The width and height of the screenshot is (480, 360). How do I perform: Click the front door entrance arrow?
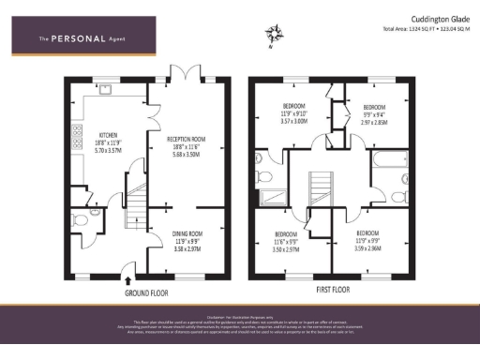coord(127,277)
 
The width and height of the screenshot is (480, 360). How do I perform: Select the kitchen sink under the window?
coord(106,93)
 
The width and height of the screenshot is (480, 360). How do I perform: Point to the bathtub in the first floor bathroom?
coord(385,166)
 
